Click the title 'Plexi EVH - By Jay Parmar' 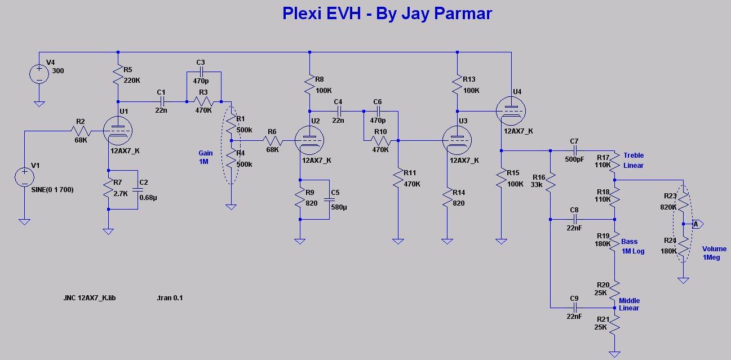(x=387, y=14)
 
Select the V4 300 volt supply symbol (x=39, y=74)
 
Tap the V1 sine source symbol (x=24, y=176)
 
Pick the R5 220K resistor (x=118, y=75)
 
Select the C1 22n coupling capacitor (x=162, y=101)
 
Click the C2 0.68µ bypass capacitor (x=137, y=190)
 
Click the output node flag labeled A (x=696, y=224)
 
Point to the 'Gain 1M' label (x=206, y=157)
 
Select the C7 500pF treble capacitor (x=574, y=150)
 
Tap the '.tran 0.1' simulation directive (x=170, y=297)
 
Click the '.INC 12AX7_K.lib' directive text (x=90, y=297)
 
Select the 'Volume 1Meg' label (x=714, y=253)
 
